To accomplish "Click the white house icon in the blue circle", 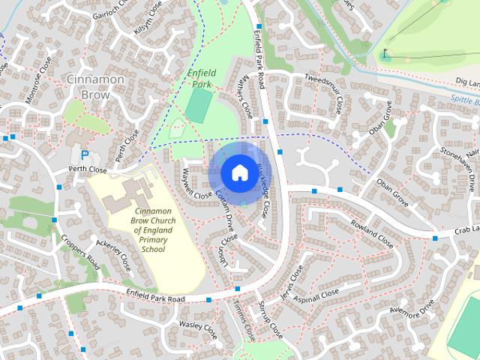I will click(x=238, y=172).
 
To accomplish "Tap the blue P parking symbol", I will click(x=85, y=154).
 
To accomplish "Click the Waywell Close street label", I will click(x=184, y=183).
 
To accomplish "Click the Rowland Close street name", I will click(x=370, y=232).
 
